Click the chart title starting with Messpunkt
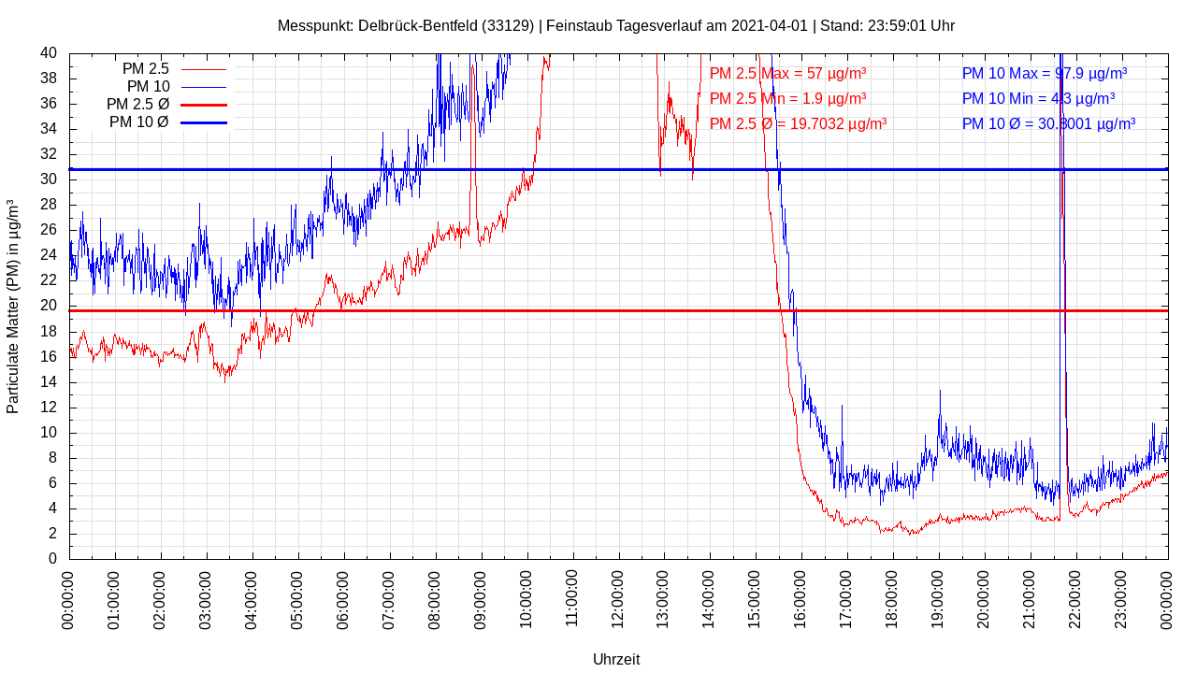coord(615,26)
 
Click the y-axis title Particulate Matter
coord(13,307)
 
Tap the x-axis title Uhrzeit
coord(616,659)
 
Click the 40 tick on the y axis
coord(49,53)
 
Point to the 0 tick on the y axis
coord(52,559)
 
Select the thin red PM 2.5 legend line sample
coord(203,69)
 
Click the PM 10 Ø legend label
coord(138,122)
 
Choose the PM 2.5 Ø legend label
coord(137,104)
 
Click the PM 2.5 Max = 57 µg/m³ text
coord(787,73)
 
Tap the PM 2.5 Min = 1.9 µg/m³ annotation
coord(787,98)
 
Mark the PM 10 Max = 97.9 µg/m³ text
coord(1044,73)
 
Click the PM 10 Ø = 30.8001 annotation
coord(1048,123)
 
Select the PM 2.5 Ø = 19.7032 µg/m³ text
coord(798,123)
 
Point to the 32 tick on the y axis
coord(49,154)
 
